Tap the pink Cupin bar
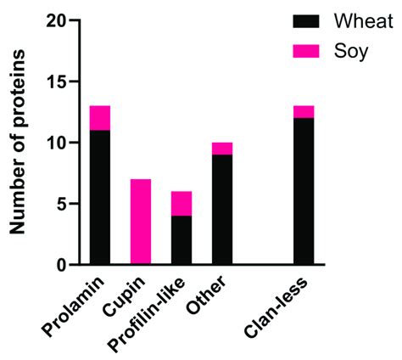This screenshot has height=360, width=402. pos(140,222)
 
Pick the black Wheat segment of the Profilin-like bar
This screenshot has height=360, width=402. pos(180,240)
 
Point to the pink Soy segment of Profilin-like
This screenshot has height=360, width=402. pos(180,203)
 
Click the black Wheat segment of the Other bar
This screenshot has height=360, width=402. pos(221,210)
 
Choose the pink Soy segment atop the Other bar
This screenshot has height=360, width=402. pos(221,149)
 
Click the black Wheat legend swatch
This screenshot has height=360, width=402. pos(305,20)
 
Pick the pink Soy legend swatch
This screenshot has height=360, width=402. pos(305,50)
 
